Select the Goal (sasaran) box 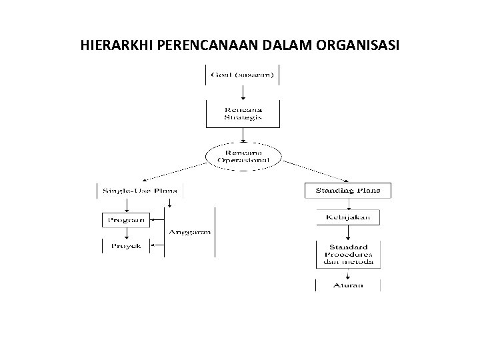tap(242, 75)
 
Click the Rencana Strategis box tap(242, 113)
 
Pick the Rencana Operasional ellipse tap(242, 157)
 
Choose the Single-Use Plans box tap(140, 191)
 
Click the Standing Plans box tap(348, 190)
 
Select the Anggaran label tap(190, 232)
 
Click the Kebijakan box tap(348, 217)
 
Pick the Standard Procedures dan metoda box tap(348, 254)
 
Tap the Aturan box tap(348, 285)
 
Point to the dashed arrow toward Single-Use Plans tap(175, 171)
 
